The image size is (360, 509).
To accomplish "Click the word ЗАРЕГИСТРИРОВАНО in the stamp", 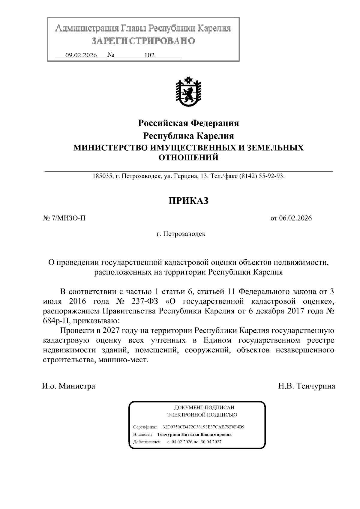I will pos(143,41).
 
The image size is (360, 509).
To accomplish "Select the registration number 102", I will pos(149,55).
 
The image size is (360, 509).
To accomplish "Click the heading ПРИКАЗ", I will pos(188,201).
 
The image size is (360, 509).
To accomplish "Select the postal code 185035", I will pos(102,176).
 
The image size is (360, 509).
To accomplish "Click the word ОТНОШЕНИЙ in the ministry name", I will pos(188,157).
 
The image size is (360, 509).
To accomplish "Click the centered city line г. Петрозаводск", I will pos(181,234).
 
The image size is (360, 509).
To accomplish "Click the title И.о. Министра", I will pos(68,386).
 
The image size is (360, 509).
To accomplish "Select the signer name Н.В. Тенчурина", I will pos(307,386).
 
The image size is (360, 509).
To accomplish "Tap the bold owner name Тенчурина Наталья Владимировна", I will pos(194,434).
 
